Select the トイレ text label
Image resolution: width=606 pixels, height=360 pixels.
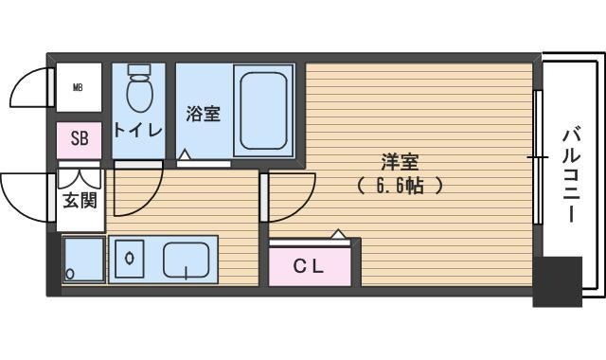tap(138, 130)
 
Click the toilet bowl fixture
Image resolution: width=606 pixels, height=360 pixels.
tap(139, 90)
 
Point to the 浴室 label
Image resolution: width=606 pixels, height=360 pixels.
tap(203, 115)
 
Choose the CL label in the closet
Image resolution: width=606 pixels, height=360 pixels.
tap(308, 267)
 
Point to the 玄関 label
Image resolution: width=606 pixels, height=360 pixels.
tap(80, 200)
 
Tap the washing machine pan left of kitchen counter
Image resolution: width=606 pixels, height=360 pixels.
tap(83, 260)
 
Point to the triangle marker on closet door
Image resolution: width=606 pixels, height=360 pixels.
tap(338, 233)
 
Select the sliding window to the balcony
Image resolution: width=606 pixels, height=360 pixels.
tap(538, 157)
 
